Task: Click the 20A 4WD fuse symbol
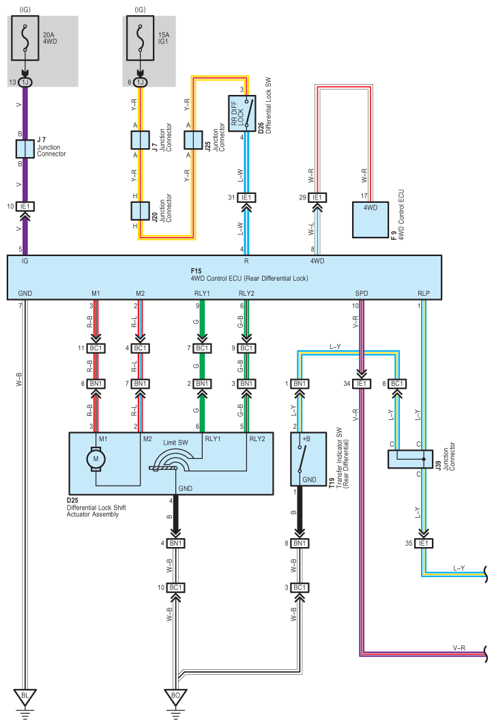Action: coord(25,38)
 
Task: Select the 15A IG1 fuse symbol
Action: coord(140,38)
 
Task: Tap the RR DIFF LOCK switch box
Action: coord(242,113)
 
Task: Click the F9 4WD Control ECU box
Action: coord(370,220)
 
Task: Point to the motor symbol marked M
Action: coord(96,460)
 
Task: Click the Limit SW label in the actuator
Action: coord(175,443)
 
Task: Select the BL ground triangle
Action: coord(25,696)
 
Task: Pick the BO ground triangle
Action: coord(175,696)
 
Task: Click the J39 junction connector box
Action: coord(410,459)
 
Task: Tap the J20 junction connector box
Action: coord(140,210)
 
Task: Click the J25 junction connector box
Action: coord(193,140)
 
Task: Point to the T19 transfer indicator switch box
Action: coord(308,459)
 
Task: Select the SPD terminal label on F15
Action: coord(362,293)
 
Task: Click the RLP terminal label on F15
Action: coord(424,293)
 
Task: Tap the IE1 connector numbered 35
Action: coord(424,543)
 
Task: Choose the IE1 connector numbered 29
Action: coord(317,197)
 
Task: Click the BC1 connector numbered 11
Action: coord(96,348)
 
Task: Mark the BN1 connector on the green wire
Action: coord(202,384)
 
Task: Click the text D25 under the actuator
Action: coord(72,501)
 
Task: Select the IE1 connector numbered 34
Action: coord(362,384)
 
